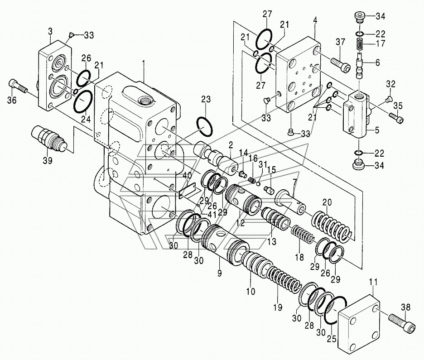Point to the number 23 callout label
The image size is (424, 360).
(x=206, y=100)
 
